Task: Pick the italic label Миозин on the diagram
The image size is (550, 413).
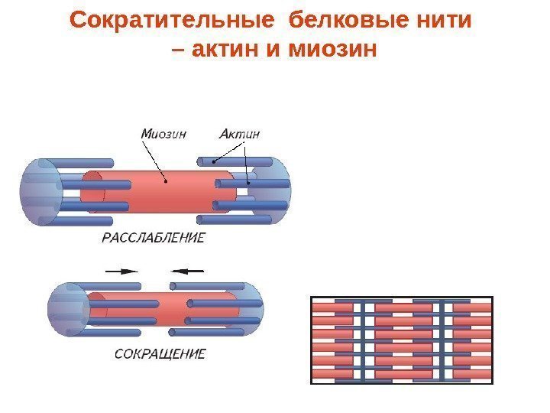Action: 163,134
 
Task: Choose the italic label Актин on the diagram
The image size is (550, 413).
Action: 239,134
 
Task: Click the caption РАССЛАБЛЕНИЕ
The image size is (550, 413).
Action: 153,239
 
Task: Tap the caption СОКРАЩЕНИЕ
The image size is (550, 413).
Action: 160,354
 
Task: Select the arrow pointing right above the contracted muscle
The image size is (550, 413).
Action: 121,270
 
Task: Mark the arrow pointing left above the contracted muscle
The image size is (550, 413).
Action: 188,270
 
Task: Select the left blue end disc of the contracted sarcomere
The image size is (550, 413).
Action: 65,309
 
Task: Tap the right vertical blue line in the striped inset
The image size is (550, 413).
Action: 442,339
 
